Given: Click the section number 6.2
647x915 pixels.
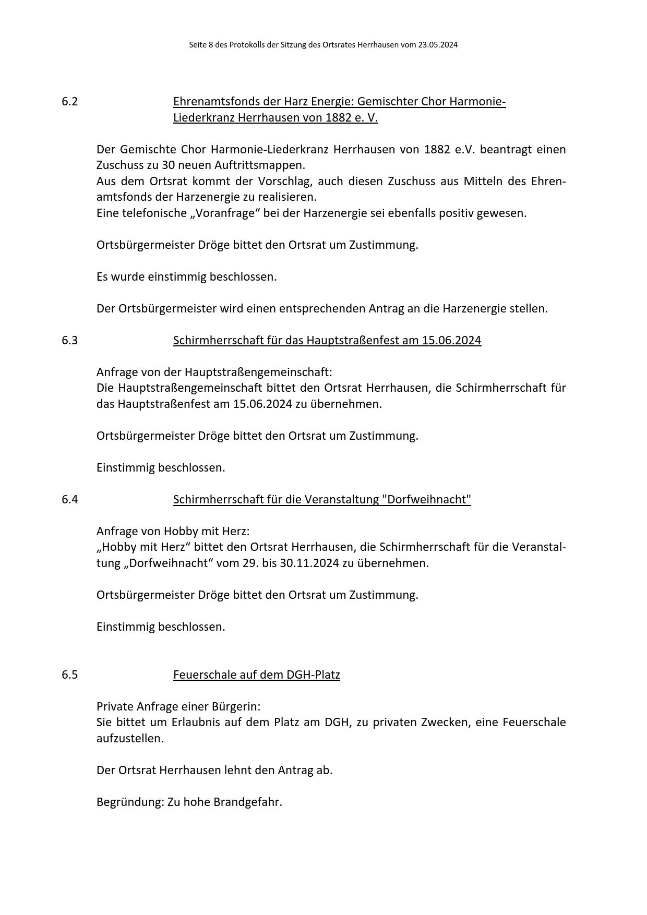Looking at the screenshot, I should (x=69, y=102).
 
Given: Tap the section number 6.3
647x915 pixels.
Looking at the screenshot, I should (x=69, y=341).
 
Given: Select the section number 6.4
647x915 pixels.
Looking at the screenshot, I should (x=69, y=500).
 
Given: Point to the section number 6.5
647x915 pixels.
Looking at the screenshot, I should (x=69, y=675).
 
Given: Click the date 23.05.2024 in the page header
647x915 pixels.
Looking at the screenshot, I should (x=437, y=45).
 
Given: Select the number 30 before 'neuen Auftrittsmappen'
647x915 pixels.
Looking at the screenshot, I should (x=168, y=165).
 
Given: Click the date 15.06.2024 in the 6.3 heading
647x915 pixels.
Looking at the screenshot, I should (x=451, y=341).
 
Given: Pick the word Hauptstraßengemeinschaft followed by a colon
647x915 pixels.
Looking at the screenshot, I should (x=258, y=372).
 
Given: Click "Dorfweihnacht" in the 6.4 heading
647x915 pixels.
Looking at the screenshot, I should (x=426, y=500).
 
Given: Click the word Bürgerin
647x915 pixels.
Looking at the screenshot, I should (x=236, y=707).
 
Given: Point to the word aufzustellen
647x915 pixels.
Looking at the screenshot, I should (x=130, y=739).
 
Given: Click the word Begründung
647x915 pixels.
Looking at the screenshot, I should (x=130, y=802).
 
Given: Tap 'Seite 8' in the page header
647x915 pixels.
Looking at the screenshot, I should (x=201, y=45).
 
